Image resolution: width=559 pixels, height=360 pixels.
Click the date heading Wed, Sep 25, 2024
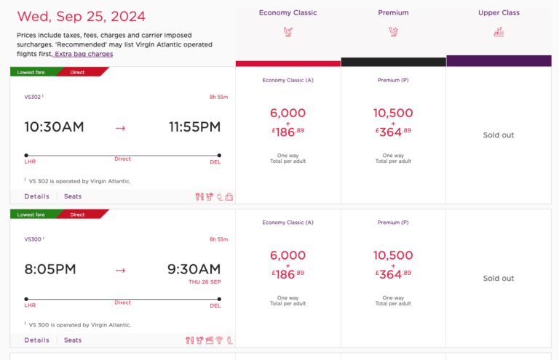pos(81,16)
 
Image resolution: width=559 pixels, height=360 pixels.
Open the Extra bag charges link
pos(84,54)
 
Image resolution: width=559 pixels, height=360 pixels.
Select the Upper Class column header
pos(499,12)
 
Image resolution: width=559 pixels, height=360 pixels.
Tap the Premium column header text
pos(393,12)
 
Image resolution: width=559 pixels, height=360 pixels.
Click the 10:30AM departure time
pos(54,127)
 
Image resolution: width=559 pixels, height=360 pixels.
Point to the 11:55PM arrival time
pos(194,127)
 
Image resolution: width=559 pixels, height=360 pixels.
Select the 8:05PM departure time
pos(50,270)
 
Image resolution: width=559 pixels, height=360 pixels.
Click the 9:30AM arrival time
pos(194,270)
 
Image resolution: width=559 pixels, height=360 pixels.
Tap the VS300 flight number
pos(33,239)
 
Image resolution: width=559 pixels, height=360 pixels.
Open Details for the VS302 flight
pos(36,196)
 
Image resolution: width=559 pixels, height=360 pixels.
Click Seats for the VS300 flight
pos(73,340)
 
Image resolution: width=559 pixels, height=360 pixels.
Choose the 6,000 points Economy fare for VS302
pos(288,113)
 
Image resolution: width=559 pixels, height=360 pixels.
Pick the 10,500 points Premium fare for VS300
pos(393,256)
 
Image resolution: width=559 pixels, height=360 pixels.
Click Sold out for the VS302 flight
pos(499,135)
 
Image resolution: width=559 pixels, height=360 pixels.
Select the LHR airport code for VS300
pos(31,306)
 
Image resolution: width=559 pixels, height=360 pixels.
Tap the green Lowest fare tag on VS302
pos(31,72)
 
